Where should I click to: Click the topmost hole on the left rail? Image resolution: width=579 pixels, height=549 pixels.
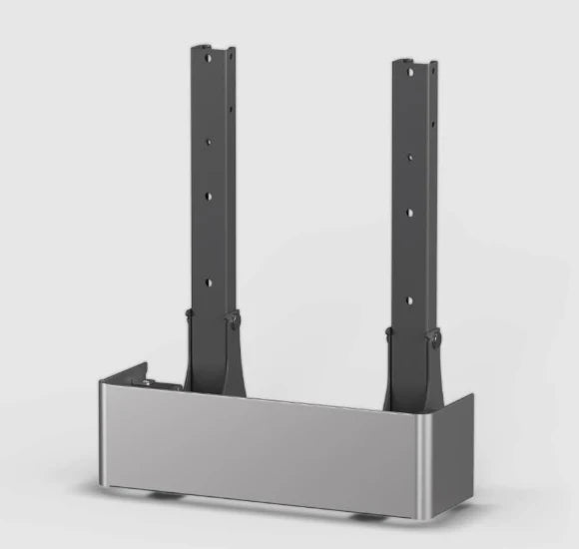pyautogui.click(x=209, y=58)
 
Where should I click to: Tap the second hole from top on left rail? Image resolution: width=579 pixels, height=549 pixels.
pyautogui.click(x=209, y=142)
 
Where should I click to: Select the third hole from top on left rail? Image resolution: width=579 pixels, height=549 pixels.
pyautogui.click(x=209, y=197)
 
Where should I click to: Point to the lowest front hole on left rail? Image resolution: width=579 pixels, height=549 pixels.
pyautogui.click(x=209, y=282)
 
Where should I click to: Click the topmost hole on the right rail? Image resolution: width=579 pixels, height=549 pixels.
pyautogui.click(x=408, y=74)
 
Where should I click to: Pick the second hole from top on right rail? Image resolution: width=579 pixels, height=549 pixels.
pyautogui.click(x=408, y=157)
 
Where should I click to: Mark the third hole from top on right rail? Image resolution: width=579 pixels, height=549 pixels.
pyautogui.click(x=408, y=212)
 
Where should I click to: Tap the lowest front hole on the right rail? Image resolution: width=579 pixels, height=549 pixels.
pyautogui.click(x=408, y=296)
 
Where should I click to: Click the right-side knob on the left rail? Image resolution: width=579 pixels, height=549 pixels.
pyautogui.click(x=235, y=320)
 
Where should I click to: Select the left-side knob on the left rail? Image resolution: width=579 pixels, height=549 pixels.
pyautogui.click(x=189, y=317)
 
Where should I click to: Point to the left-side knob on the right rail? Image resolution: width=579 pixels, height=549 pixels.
pyautogui.click(x=389, y=332)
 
